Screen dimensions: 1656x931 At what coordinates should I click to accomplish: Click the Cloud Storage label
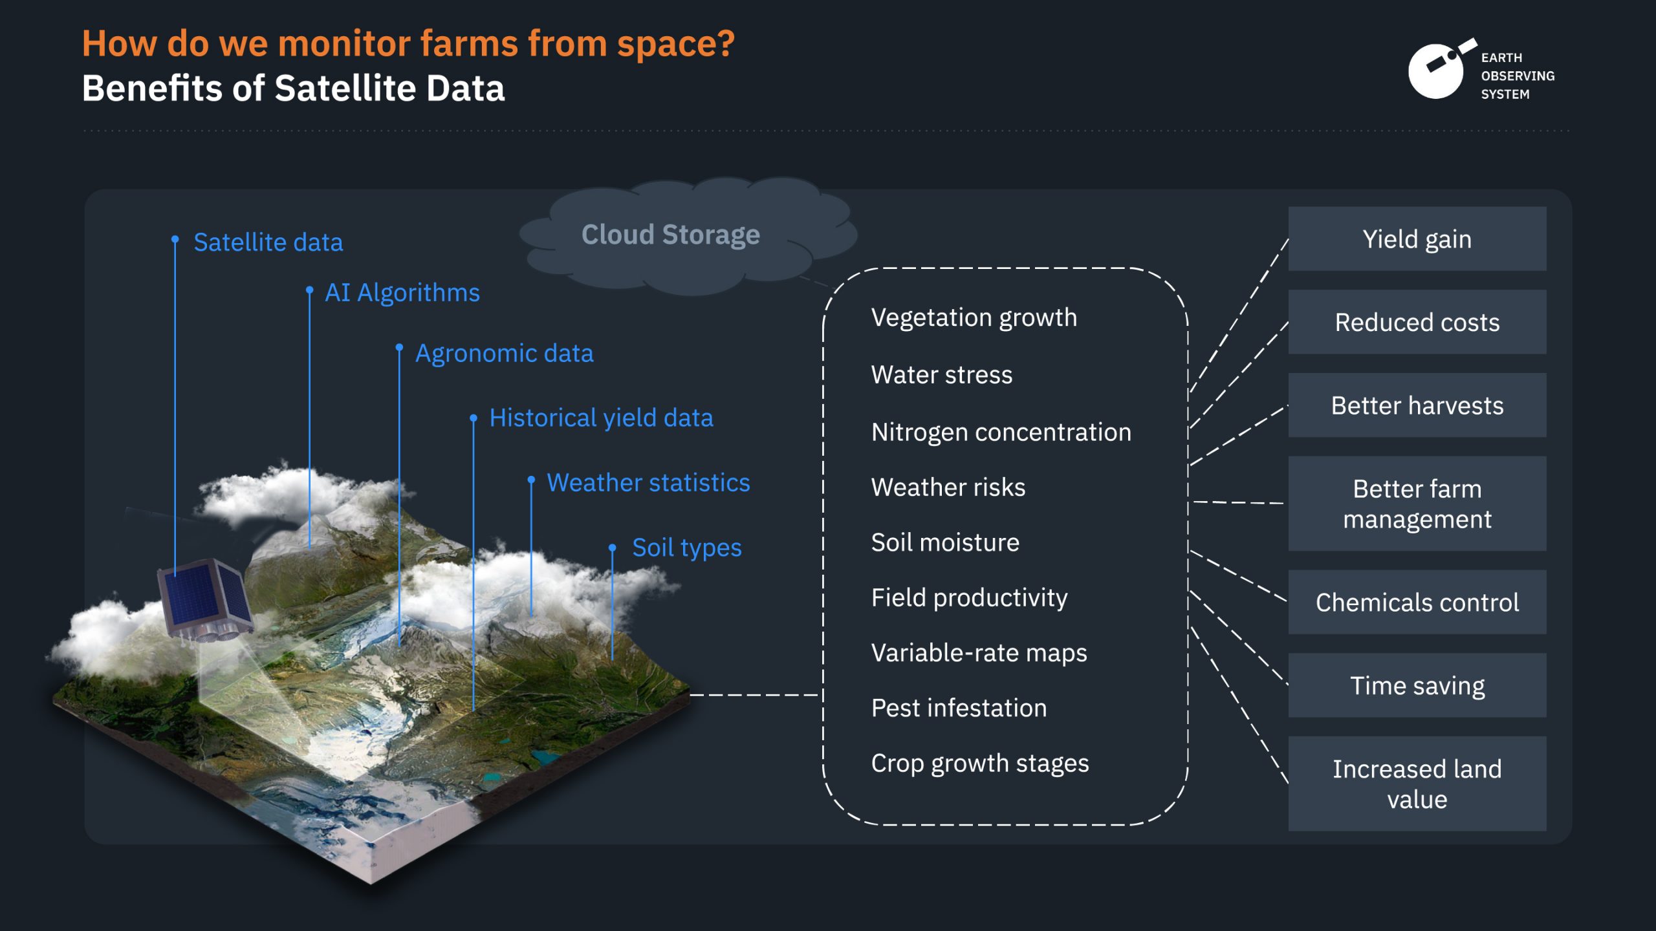671,235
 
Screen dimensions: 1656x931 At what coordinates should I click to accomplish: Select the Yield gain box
1417,239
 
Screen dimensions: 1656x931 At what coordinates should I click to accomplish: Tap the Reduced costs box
1417,322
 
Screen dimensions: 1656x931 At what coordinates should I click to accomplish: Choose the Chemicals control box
1417,602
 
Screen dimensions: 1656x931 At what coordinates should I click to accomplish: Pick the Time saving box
1417,685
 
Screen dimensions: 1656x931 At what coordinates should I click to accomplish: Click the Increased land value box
1417,784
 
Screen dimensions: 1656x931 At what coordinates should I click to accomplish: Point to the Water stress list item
941,375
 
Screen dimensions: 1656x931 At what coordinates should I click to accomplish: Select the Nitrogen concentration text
1001,433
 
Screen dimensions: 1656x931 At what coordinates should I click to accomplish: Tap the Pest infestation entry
959,708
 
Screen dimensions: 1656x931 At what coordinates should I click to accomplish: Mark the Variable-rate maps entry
979,653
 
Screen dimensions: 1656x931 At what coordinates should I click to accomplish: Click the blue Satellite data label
268,242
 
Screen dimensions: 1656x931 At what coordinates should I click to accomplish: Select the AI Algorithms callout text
402,294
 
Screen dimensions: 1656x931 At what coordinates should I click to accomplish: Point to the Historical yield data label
601,418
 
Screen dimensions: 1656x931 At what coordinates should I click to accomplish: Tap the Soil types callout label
686,548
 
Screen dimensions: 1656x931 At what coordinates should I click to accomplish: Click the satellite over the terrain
206,600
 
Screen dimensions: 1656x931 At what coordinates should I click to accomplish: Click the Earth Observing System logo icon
1441,69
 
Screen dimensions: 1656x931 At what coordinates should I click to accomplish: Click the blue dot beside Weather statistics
531,480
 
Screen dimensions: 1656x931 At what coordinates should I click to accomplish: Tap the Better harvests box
1417,405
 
